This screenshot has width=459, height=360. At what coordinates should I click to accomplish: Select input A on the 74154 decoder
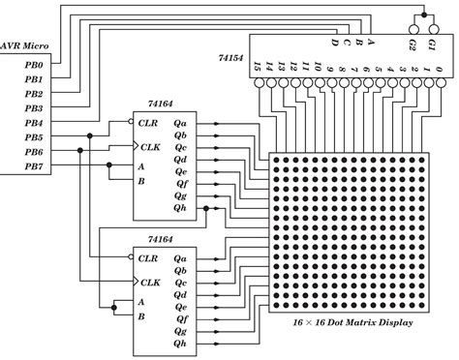(371, 43)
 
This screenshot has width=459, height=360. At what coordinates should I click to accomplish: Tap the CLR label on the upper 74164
(147, 124)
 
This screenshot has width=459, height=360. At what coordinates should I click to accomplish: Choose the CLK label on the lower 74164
(147, 282)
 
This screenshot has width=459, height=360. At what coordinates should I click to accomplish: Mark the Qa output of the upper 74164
(181, 124)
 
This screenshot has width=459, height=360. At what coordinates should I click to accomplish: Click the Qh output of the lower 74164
(181, 343)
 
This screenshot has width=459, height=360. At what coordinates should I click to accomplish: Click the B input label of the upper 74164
(141, 181)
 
